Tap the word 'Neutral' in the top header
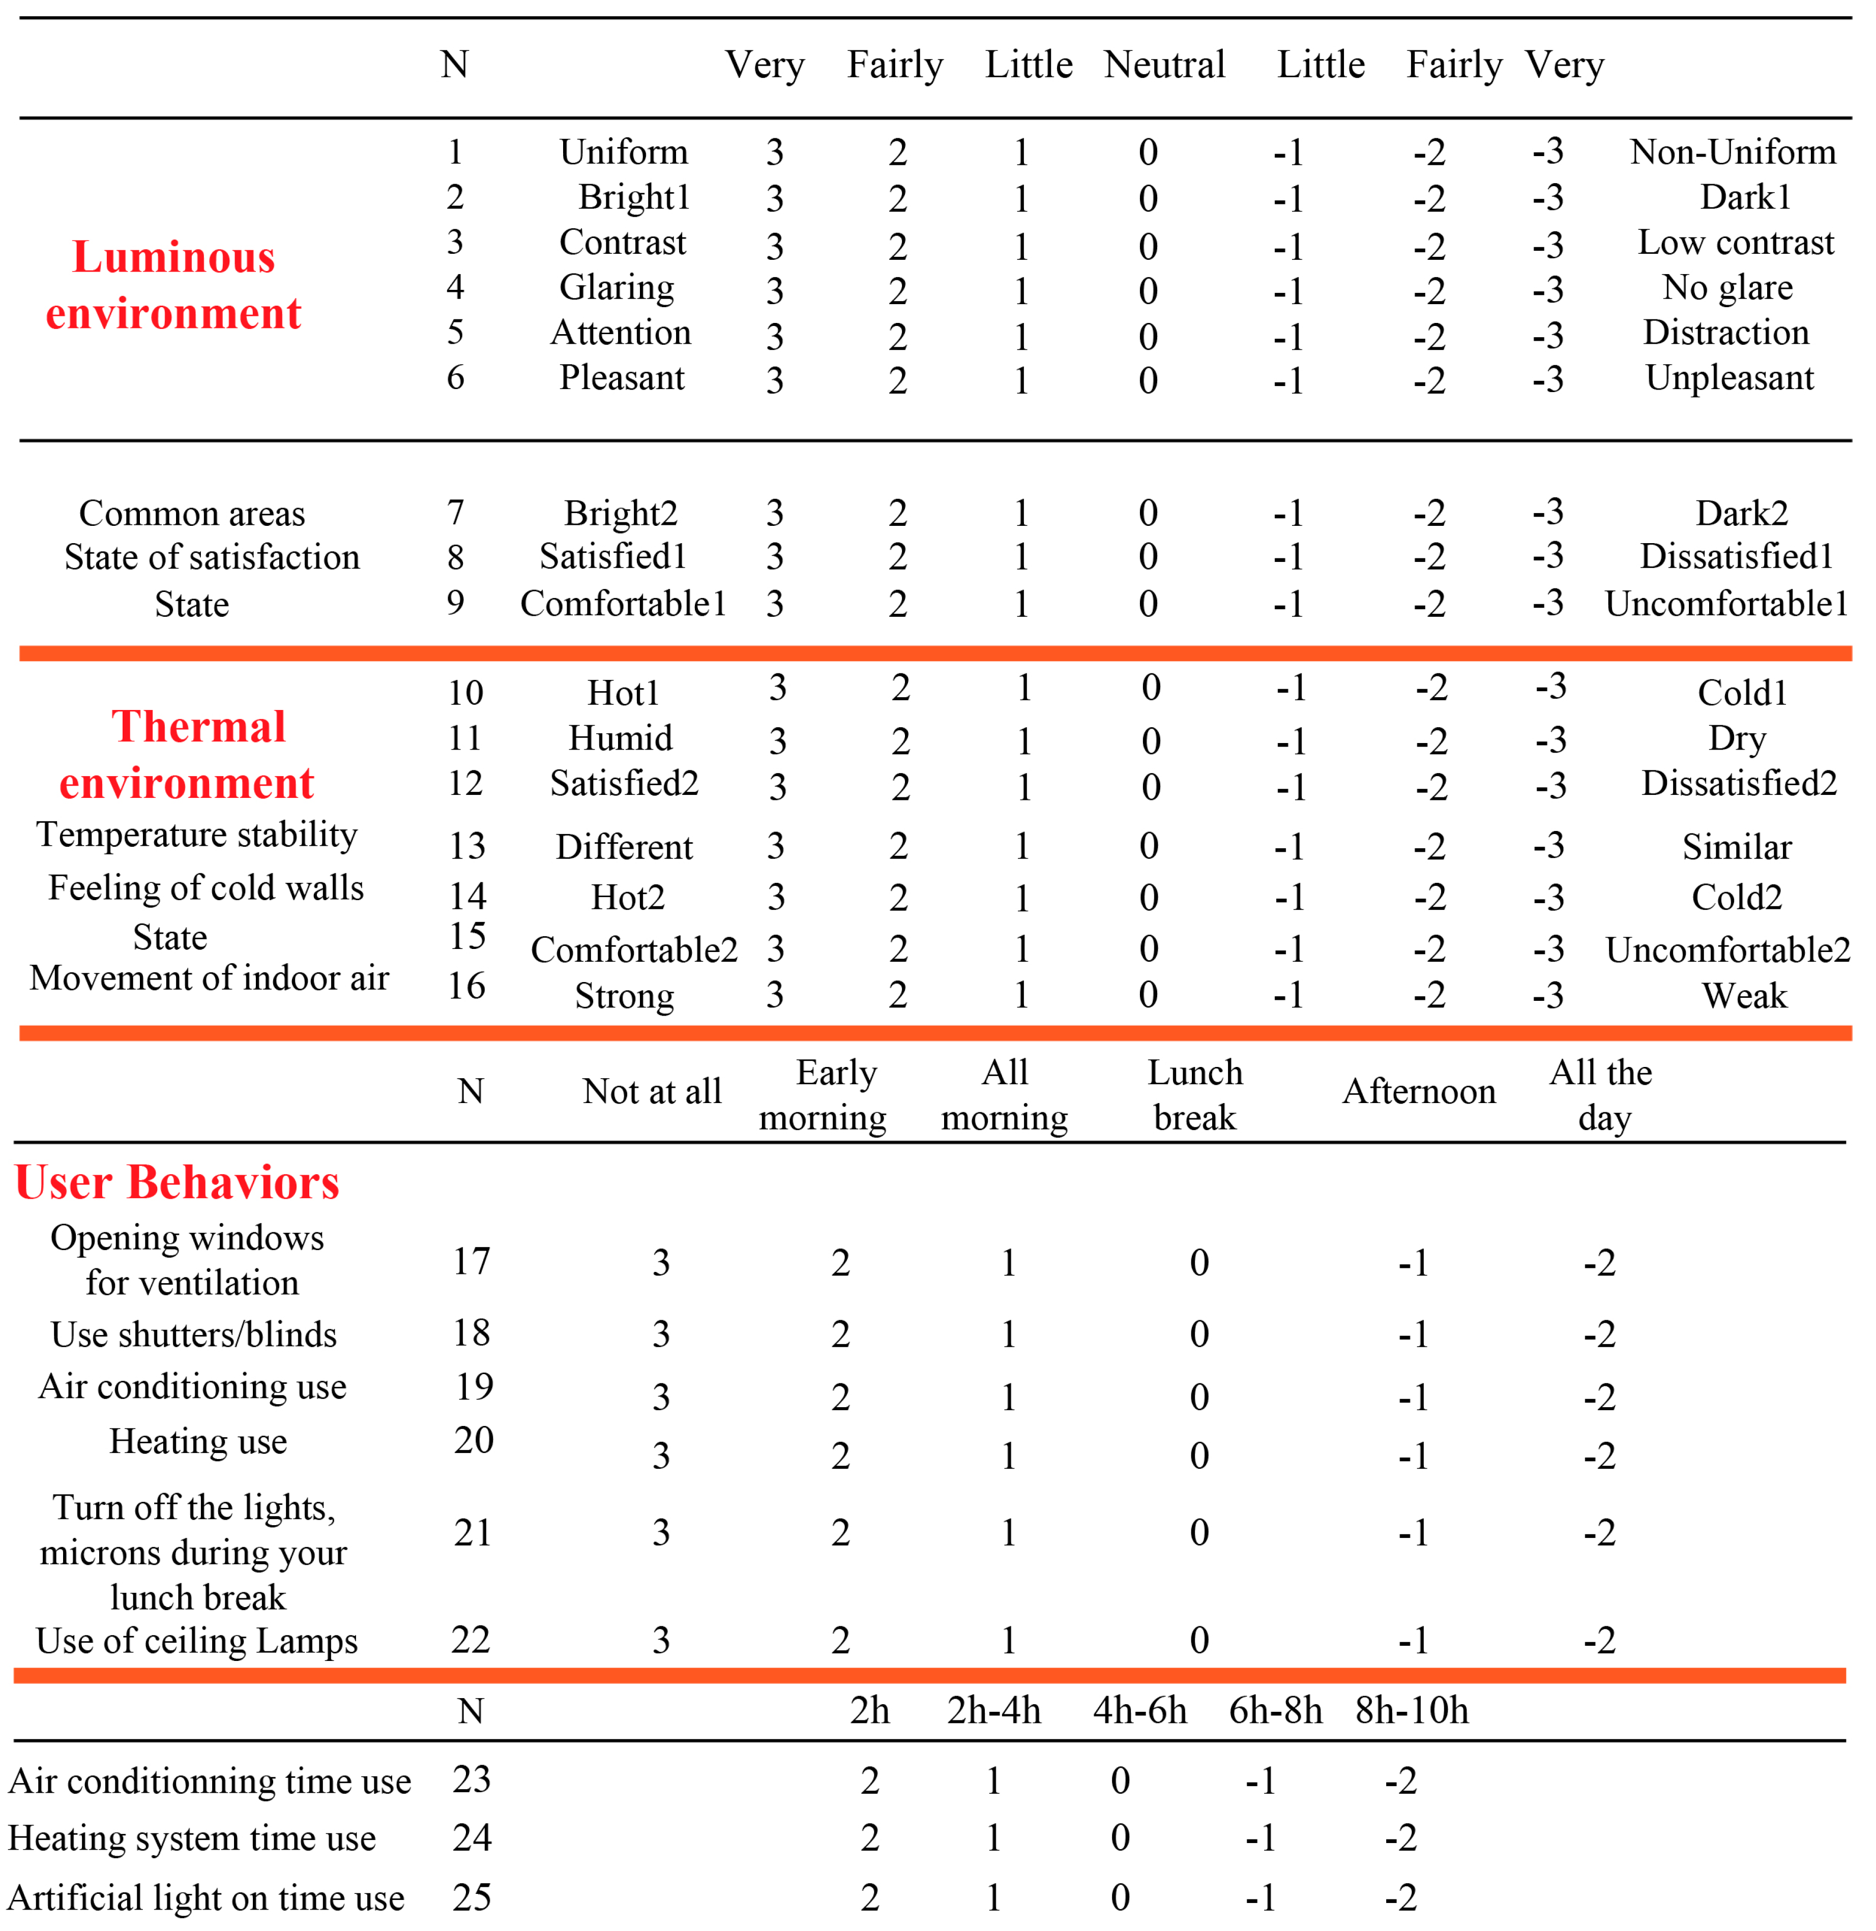tap(1165, 65)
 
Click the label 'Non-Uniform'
tap(1732, 152)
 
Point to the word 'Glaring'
tap(617, 288)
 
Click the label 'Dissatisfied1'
tap(1736, 557)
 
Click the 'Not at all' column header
tap(652, 1091)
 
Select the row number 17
tap(471, 1261)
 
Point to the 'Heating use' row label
tap(198, 1441)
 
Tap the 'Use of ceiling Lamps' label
tap(197, 1641)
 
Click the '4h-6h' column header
tap(1140, 1710)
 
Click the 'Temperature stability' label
tap(197, 835)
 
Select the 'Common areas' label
tap(192, 513)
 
